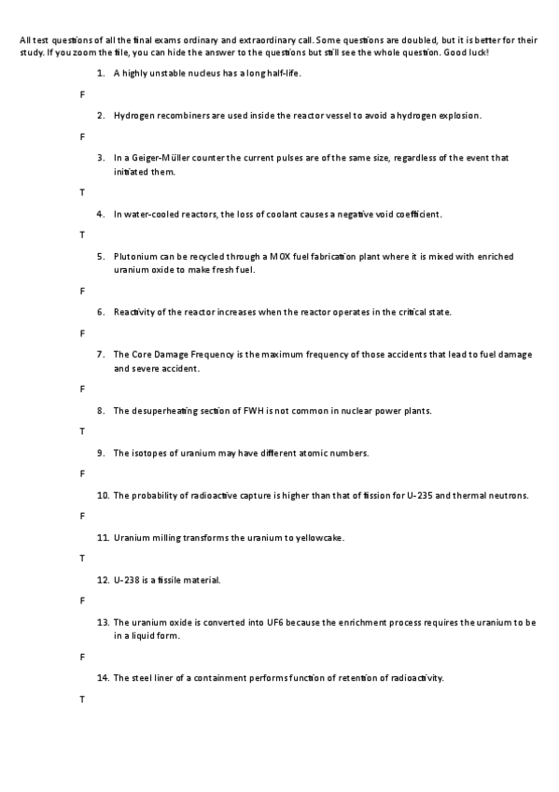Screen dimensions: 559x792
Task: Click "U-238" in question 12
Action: point(126,580)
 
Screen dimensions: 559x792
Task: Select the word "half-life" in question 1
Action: point(281,73)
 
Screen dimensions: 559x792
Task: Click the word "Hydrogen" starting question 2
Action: point(133,116)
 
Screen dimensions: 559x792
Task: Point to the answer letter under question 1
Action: point(82,94)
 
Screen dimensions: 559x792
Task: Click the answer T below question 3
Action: point(82,192)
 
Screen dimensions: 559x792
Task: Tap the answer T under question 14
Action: point(82,699)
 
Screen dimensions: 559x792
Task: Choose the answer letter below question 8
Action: point(82,431)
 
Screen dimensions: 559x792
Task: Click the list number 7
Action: point(100,355)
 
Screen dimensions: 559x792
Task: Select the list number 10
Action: point(102,495)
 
